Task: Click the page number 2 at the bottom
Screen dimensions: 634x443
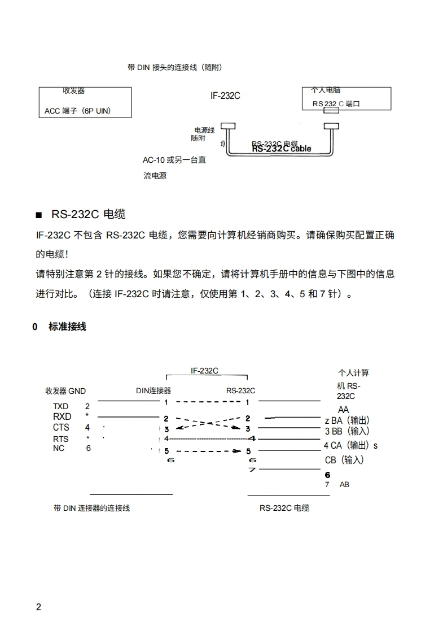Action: click(38, 607)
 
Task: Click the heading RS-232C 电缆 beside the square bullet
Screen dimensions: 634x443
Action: click(88, 214)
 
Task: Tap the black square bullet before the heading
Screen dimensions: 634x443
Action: click(38, 215)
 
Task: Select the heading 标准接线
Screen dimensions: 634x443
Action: click(67, 327)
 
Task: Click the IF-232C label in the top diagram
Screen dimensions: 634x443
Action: click(225, 96)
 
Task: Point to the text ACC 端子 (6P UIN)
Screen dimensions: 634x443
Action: click(78, 111)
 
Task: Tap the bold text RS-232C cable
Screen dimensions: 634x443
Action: click(282, 149)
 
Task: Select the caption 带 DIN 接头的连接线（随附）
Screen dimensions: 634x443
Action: click(175, 68)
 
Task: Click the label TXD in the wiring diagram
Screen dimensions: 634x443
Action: click(60, 406)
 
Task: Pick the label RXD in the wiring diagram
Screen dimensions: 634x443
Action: click(62, 417)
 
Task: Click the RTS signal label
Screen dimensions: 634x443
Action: click(60, 439)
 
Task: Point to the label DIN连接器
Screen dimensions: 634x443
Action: click(153, 390)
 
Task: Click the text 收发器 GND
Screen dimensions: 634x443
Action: click(65, 391)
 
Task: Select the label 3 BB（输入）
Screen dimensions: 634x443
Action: click(347, 431)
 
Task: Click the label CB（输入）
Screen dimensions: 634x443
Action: click(344, 460)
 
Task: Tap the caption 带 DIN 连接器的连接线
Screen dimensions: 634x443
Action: click(91, 508)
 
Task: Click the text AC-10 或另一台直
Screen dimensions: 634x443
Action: click(174, 160)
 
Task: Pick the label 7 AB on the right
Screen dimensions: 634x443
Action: click(337, 484)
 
